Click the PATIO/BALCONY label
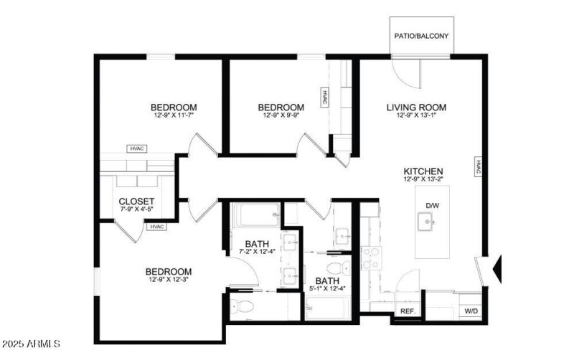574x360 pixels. pyautogui.click(x=423, y=35)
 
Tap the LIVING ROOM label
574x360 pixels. pyautogui.click(x=412, y=108)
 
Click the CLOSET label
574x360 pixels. pyautogui.click(x=136, y=202)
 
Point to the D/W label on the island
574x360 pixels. pyautogui.click(x=432, y=206)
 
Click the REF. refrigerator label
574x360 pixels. pyautogui.click(x=408, y=311)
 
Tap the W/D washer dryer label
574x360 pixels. pyautogui.click(x=471, y=311)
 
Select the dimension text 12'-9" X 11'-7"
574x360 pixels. pyautogui.click(x=174, y=115)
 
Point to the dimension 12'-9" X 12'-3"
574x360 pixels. pyautogui.click(x=169, y=279)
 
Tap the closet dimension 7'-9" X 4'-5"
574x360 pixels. pyautogui.click(x=136, y=209)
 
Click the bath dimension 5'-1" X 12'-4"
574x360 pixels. pyautogui.click(x=327, y=289)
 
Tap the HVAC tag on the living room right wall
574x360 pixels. pyautogui.click(x=478, y=166)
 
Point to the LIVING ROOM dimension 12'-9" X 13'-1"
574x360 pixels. pyautogui.click(x=412, y=115)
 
